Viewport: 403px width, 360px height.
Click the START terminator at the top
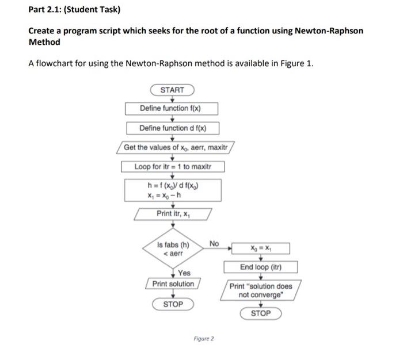(x=172, y=90)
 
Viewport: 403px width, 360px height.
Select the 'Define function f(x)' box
(x=172, y=108)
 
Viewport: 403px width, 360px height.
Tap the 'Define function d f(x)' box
(x=172, y=128)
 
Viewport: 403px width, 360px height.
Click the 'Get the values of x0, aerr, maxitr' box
(x=176, y=147)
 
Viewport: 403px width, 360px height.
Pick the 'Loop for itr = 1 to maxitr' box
(x=173, y=167)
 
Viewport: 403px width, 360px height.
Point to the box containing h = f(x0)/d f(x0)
(x=173, y=190)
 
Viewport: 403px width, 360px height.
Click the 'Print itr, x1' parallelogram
(x=173, y=214)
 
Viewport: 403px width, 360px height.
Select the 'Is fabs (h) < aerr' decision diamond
(x=173, y=248)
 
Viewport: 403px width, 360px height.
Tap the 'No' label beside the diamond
(x=214, y=244)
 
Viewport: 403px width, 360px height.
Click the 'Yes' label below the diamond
(x=184, y=273)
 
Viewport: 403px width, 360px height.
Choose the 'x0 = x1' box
(x=261, y=248)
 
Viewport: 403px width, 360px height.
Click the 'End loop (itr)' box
(x=261, y=267)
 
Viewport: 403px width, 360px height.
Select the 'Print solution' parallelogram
(x=173, y=284)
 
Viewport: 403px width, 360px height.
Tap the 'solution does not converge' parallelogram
(x=261, y=290)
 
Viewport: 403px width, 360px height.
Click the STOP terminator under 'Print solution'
(x=173, y=304)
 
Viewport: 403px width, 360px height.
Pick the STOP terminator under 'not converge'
(x=261, y=313)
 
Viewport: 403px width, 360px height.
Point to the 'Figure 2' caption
(x=203, y=339)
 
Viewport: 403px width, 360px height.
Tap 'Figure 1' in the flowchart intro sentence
(x=295, y=63)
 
